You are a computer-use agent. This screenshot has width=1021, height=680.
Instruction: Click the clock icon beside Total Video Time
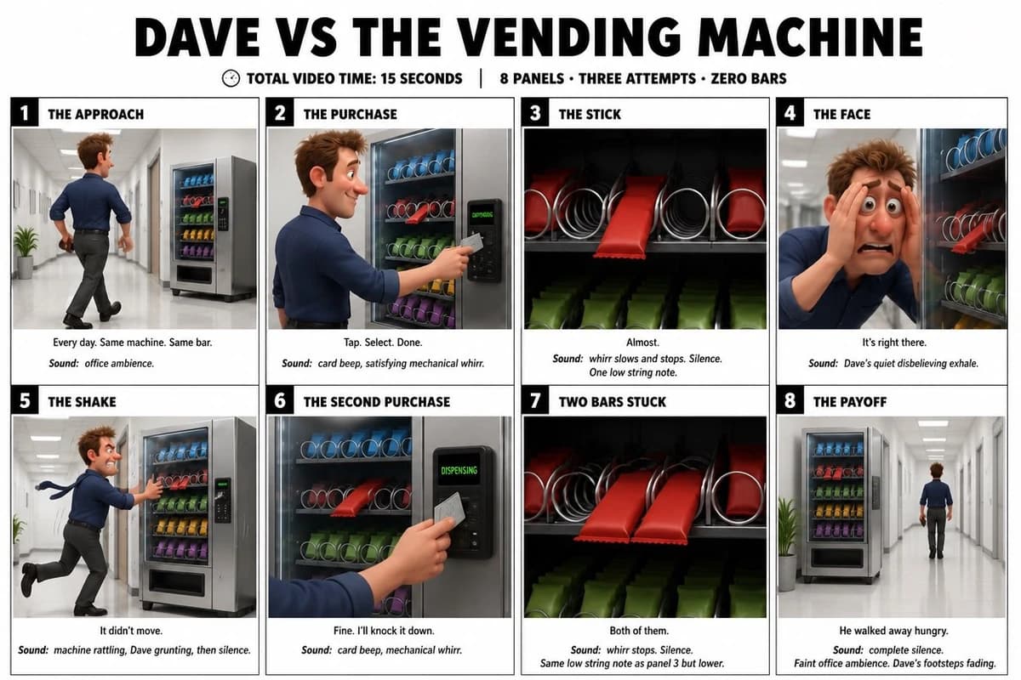click(231, 78)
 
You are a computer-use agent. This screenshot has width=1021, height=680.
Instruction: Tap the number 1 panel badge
click(24, 112)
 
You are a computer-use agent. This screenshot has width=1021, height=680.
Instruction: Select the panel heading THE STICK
click(590, 114)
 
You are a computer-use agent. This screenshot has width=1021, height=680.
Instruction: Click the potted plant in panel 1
click(26, 252)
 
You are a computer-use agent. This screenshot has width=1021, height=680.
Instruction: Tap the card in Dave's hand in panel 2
click(472, 243)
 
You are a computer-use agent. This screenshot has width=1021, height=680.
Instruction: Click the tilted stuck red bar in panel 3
click(630, 218)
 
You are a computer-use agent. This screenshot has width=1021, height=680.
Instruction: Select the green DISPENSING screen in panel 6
click(459, 469)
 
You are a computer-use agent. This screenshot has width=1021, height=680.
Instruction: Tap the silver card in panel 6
click(449, 508)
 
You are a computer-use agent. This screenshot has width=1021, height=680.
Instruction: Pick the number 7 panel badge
click(535, 400)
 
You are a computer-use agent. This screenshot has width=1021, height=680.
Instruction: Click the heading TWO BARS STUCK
click(612, 402)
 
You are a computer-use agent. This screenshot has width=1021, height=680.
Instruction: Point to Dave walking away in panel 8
click(936, 511)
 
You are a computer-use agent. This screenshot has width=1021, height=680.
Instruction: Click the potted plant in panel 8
click(788, 543)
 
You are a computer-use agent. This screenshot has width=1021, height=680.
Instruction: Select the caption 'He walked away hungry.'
click(893, 631)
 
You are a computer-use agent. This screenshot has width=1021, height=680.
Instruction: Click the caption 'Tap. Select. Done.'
click(383, 342)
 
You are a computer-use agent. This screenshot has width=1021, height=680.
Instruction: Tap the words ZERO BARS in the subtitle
click(749, 78)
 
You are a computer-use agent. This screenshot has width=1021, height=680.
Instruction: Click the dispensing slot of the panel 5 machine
click(176, 582)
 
